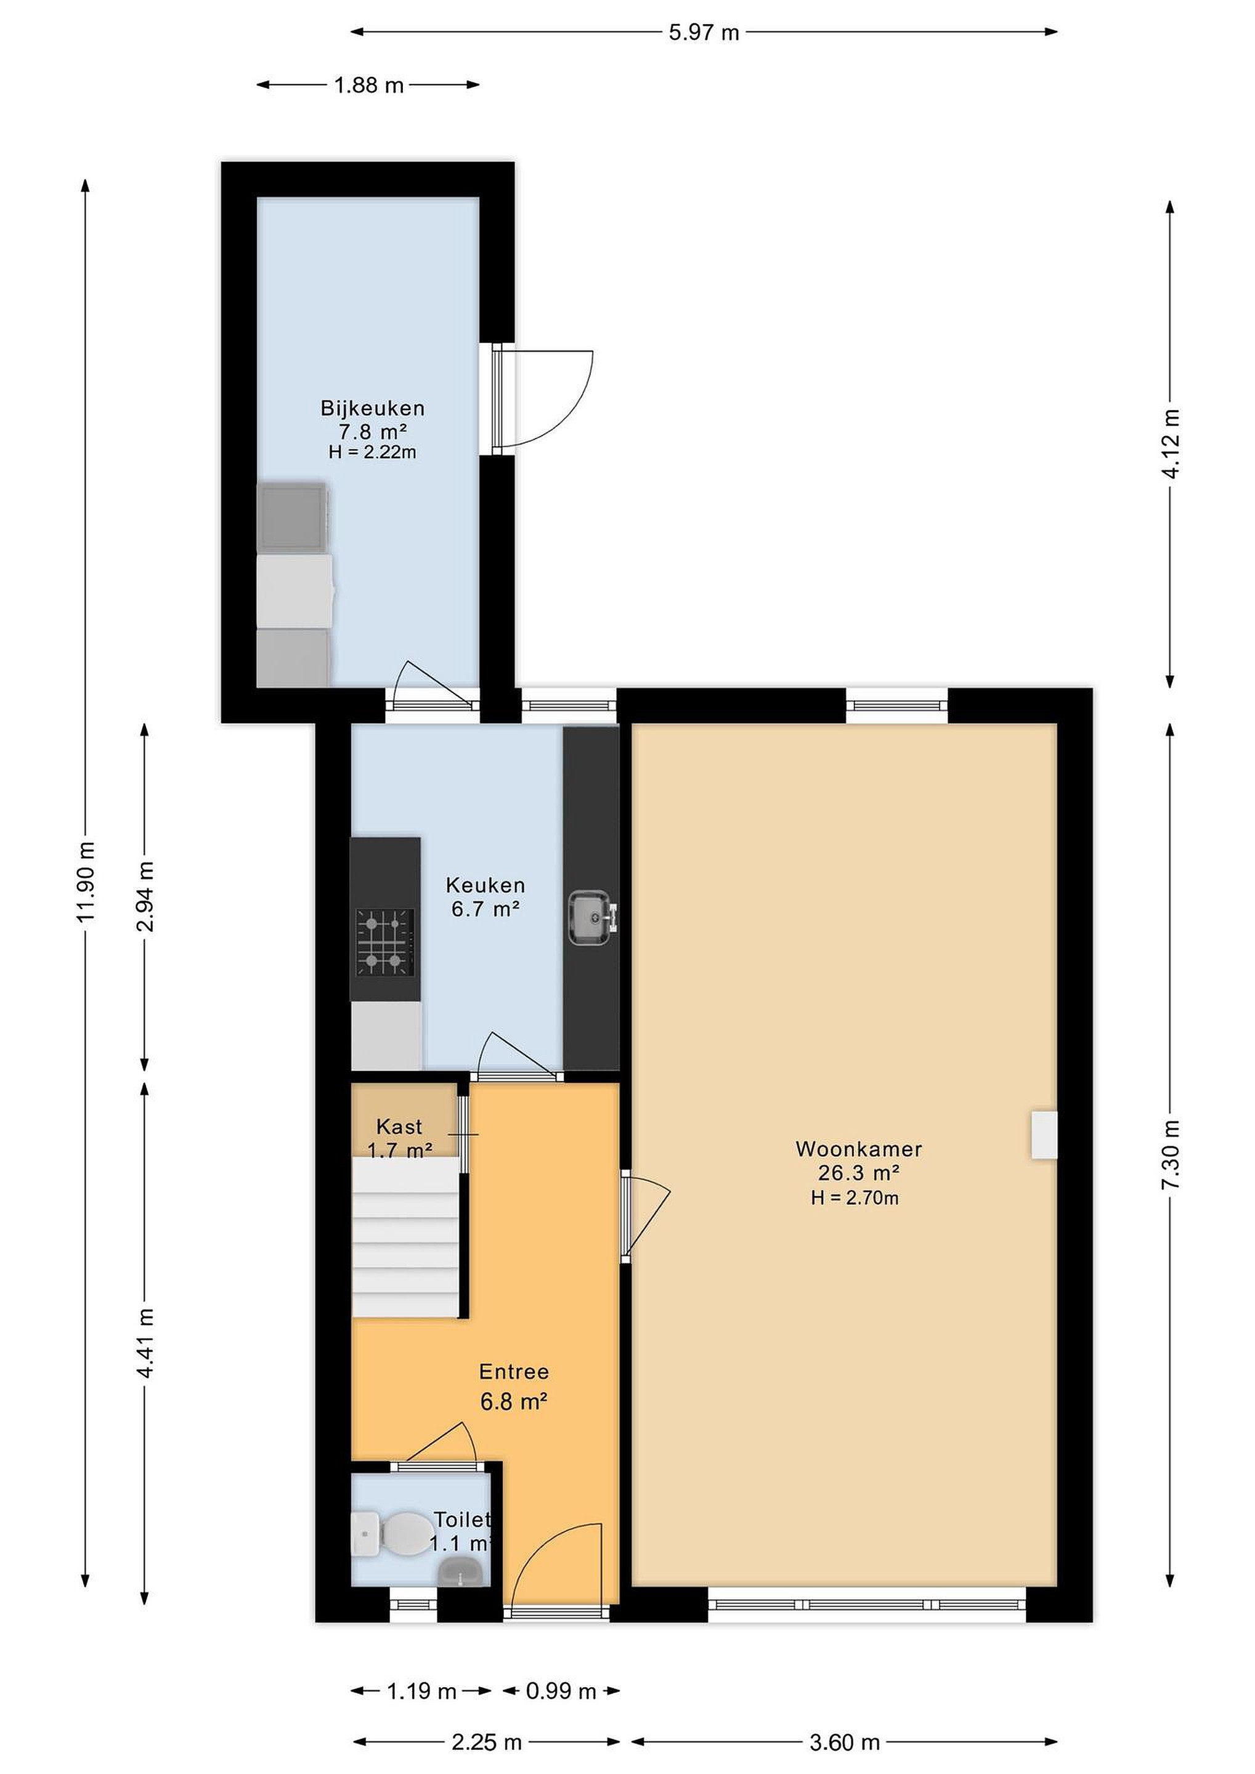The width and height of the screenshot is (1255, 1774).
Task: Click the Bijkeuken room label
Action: coord(373,408)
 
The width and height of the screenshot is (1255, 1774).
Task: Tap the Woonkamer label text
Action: coord(859,1149)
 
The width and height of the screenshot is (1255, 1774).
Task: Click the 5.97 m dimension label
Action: coord(703,33)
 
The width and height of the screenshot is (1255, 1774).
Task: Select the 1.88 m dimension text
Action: coord(368,85)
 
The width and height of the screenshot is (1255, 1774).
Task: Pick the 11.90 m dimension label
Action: coord(86,881)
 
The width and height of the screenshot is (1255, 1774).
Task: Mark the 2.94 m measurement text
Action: coord(145,896)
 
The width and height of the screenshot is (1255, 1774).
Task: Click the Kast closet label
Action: coord(399,1127)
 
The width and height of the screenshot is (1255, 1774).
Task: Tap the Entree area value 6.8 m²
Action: coord(514,1401)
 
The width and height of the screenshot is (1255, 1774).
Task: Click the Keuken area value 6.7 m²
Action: coord(485,909)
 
